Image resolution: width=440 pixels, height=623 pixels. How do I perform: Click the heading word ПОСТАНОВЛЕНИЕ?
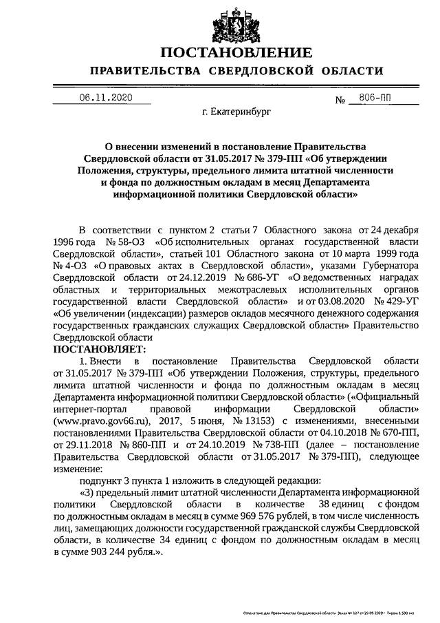236,53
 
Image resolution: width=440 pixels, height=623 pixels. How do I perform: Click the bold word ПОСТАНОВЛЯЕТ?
96,350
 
